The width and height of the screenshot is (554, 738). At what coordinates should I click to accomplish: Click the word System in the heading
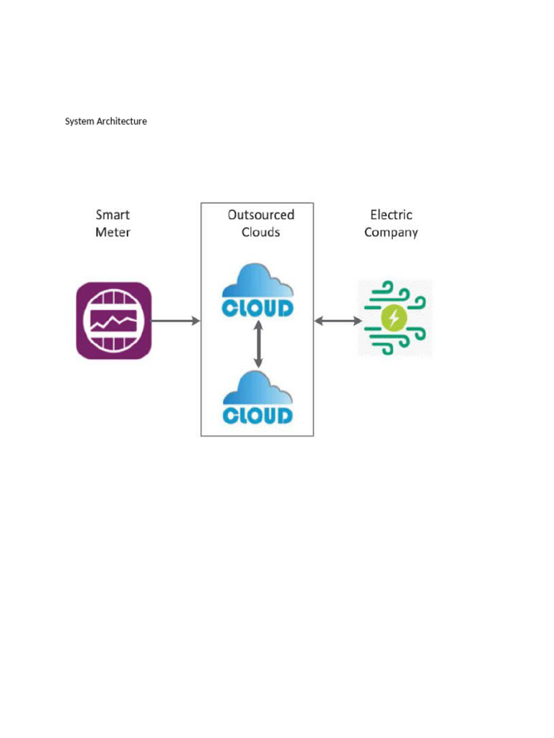click(79, 122)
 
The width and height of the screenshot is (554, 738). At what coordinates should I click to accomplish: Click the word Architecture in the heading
click(122, 122)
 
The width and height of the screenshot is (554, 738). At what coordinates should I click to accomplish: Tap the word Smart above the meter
click(113, 215)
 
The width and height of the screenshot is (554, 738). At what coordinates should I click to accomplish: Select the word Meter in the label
click(113, 232)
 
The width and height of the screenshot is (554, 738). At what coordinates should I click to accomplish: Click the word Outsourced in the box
click(261, 215)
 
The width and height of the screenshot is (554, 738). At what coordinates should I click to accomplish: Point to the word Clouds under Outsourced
click(261, 232)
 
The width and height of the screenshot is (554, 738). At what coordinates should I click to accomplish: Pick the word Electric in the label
click(392, 215)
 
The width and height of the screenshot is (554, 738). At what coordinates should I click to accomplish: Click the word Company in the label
click(391, 233)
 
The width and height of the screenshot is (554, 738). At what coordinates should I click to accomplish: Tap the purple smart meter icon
click(114, 321)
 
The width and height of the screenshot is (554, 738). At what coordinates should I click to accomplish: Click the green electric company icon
click(395, 318)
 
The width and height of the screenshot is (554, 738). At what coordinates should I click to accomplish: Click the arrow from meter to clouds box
click(175, 321)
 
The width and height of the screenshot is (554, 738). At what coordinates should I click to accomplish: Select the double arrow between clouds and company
click(338, 321)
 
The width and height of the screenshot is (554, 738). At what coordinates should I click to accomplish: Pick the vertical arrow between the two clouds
click(258, 344)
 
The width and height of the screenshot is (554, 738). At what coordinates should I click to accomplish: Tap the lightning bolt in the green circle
click(394, 318)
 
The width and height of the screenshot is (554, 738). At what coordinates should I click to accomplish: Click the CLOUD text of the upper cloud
click(258, 308)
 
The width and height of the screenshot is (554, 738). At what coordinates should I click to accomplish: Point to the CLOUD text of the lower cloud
click(258, 415)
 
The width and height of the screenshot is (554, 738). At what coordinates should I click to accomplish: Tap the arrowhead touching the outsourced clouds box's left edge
click(195, 321)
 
